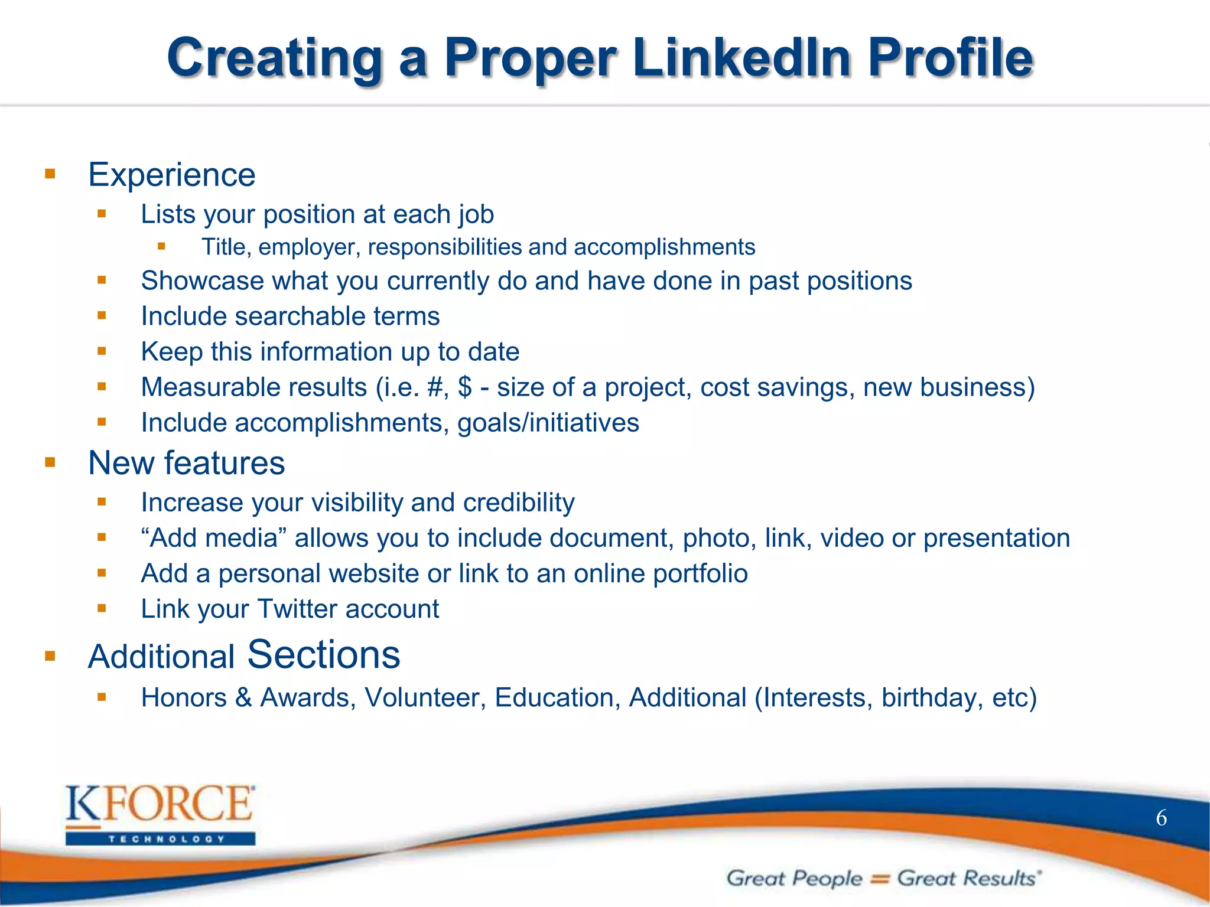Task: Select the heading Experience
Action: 171,175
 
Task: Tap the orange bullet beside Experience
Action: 50,174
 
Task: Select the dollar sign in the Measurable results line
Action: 464,387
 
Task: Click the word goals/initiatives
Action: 548,423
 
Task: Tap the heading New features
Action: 186,463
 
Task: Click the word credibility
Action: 519,503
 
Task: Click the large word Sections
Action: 323,654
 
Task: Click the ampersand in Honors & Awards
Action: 243,697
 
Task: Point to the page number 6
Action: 1161,818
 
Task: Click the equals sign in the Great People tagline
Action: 880,879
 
